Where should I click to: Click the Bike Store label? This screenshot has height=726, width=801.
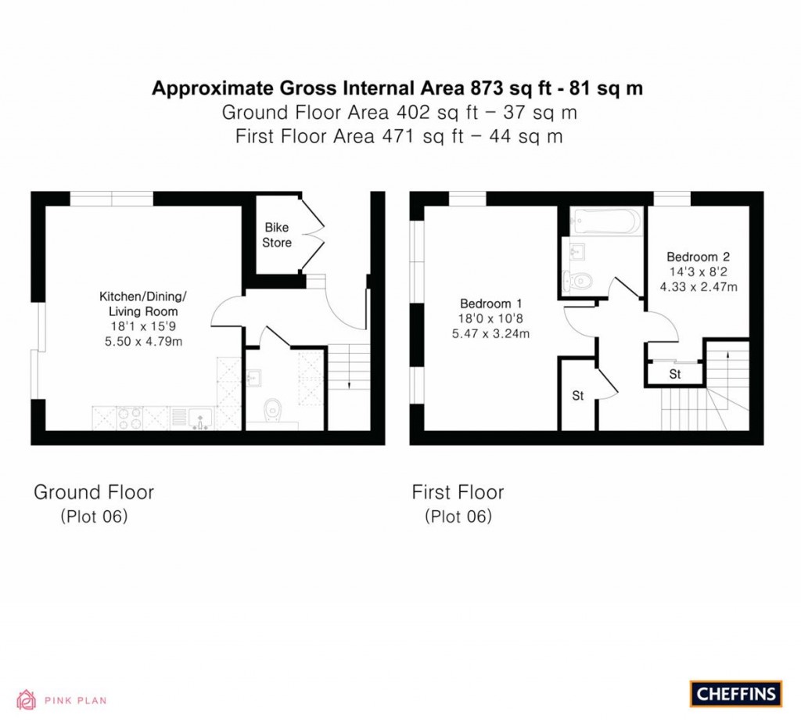coord(277,235)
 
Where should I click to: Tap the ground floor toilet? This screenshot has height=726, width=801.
coord(273,411)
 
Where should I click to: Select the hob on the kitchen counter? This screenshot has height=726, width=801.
coord(130,418)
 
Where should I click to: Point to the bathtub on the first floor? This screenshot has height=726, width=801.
coord(605,221)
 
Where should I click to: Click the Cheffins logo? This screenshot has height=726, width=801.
coord(735,694)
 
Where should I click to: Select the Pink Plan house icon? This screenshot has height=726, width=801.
coord(26,700)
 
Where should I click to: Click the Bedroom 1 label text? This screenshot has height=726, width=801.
coord(491,304)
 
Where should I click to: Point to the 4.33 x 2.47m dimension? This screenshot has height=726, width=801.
coord(699,287)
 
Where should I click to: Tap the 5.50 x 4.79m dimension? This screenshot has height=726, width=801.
coord(144,342)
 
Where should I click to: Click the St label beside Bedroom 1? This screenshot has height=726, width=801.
coord(578,396)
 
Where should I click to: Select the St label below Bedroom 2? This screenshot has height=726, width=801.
coord(675,375)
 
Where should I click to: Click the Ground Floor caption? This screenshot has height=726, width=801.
coord(94,492)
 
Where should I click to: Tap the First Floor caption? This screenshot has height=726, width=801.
coord(458,492)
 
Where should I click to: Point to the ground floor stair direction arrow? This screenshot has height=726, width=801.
coord(348,367)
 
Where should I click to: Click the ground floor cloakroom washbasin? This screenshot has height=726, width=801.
coord(254,378)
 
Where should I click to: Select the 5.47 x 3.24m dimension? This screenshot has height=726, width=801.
coord(490,334)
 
